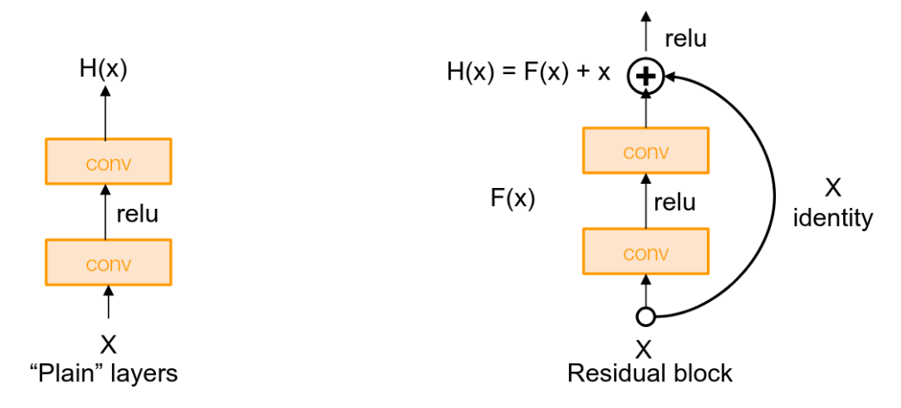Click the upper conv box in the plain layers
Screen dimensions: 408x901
pos(108,161)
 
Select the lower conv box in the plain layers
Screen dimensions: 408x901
pos(108,261)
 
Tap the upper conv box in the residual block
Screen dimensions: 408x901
pos(646,150)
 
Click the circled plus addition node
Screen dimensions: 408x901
pos(646,78)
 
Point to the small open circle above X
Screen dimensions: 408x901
pos(645,317)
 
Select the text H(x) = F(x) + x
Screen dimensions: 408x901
pos(528,72)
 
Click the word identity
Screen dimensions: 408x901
pos(833,219)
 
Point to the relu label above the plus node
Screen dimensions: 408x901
pos(686,39)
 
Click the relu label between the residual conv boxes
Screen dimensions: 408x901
pos(675,203)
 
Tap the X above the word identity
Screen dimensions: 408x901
pos(833,189)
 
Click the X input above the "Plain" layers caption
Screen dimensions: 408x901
pos(108,345)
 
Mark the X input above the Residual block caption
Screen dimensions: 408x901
pos(643,348)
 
